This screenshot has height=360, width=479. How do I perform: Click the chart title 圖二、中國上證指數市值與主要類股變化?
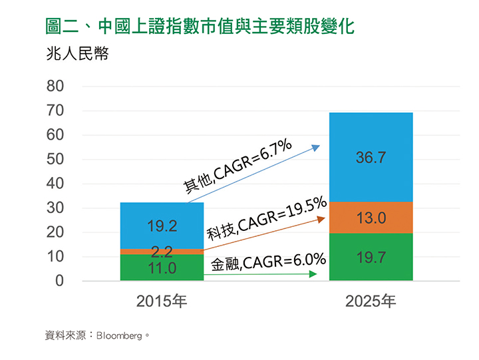pyautogui.click(x=200, y=27)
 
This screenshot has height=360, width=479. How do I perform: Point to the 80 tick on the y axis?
pyautogui.click(x=55, y=87)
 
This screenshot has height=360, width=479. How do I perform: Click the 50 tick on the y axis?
pyautogui.click(x=55, y=160)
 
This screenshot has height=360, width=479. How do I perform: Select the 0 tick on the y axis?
pyautogui.click(x=60, y=281)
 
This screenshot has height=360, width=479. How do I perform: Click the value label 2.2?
pyautogui.click(x=162, y=252)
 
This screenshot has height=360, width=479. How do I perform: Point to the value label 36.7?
pyautogui.click(x=371, y=158)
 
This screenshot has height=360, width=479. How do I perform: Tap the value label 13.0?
pyautogui.click(x=371, y=218)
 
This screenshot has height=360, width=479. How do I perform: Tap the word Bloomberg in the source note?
pyautogui.click(x=120, y=336)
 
